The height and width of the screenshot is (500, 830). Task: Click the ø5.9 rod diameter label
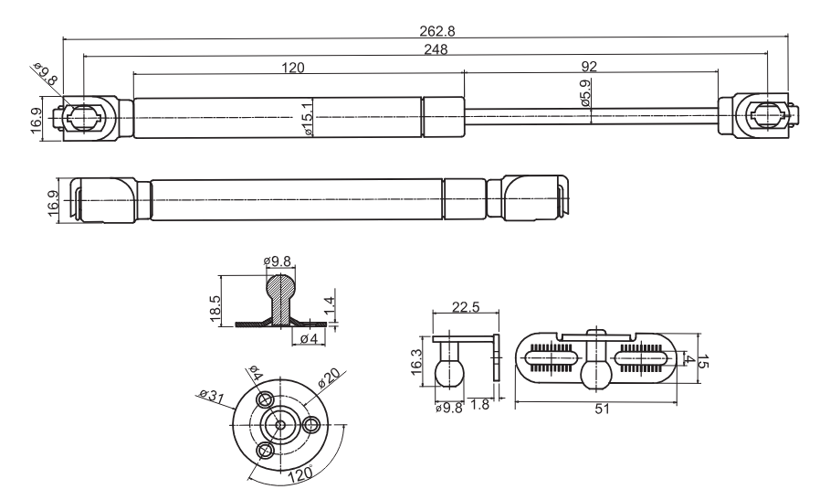point(584,94)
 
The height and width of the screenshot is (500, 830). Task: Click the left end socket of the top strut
point(85,117)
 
